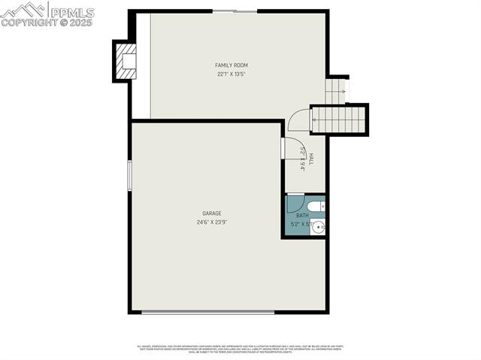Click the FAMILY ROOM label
pyautogui.click(x=231, y=65)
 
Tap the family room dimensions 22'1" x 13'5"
pyautogui.click(x=231, y=74)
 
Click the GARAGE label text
pyautogui.click(x=211, y=213)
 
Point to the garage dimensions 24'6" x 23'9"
pyautogui.click(x=211, y=222)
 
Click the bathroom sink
pyautogui.click(x=317, y=227)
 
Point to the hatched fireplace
pyautogui.click(x=126, y=61)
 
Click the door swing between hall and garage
pyautogui.click(x=292, y=147)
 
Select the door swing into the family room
pyautogui.click(x=299, y=120)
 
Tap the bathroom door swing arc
pyautogui.click(x=295, y=203)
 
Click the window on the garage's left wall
pyautogui.click(x=129, y=176)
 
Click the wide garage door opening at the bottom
pyautogui.click(x=208, y=311)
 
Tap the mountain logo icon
pyautogui.click(x=23, y=10)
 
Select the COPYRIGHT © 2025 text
pyautogui.click(x=47, y=23)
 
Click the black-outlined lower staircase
pyautogui.click(x=339, y=119)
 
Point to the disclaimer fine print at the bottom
pyautogui.click(x=240, y=349)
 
